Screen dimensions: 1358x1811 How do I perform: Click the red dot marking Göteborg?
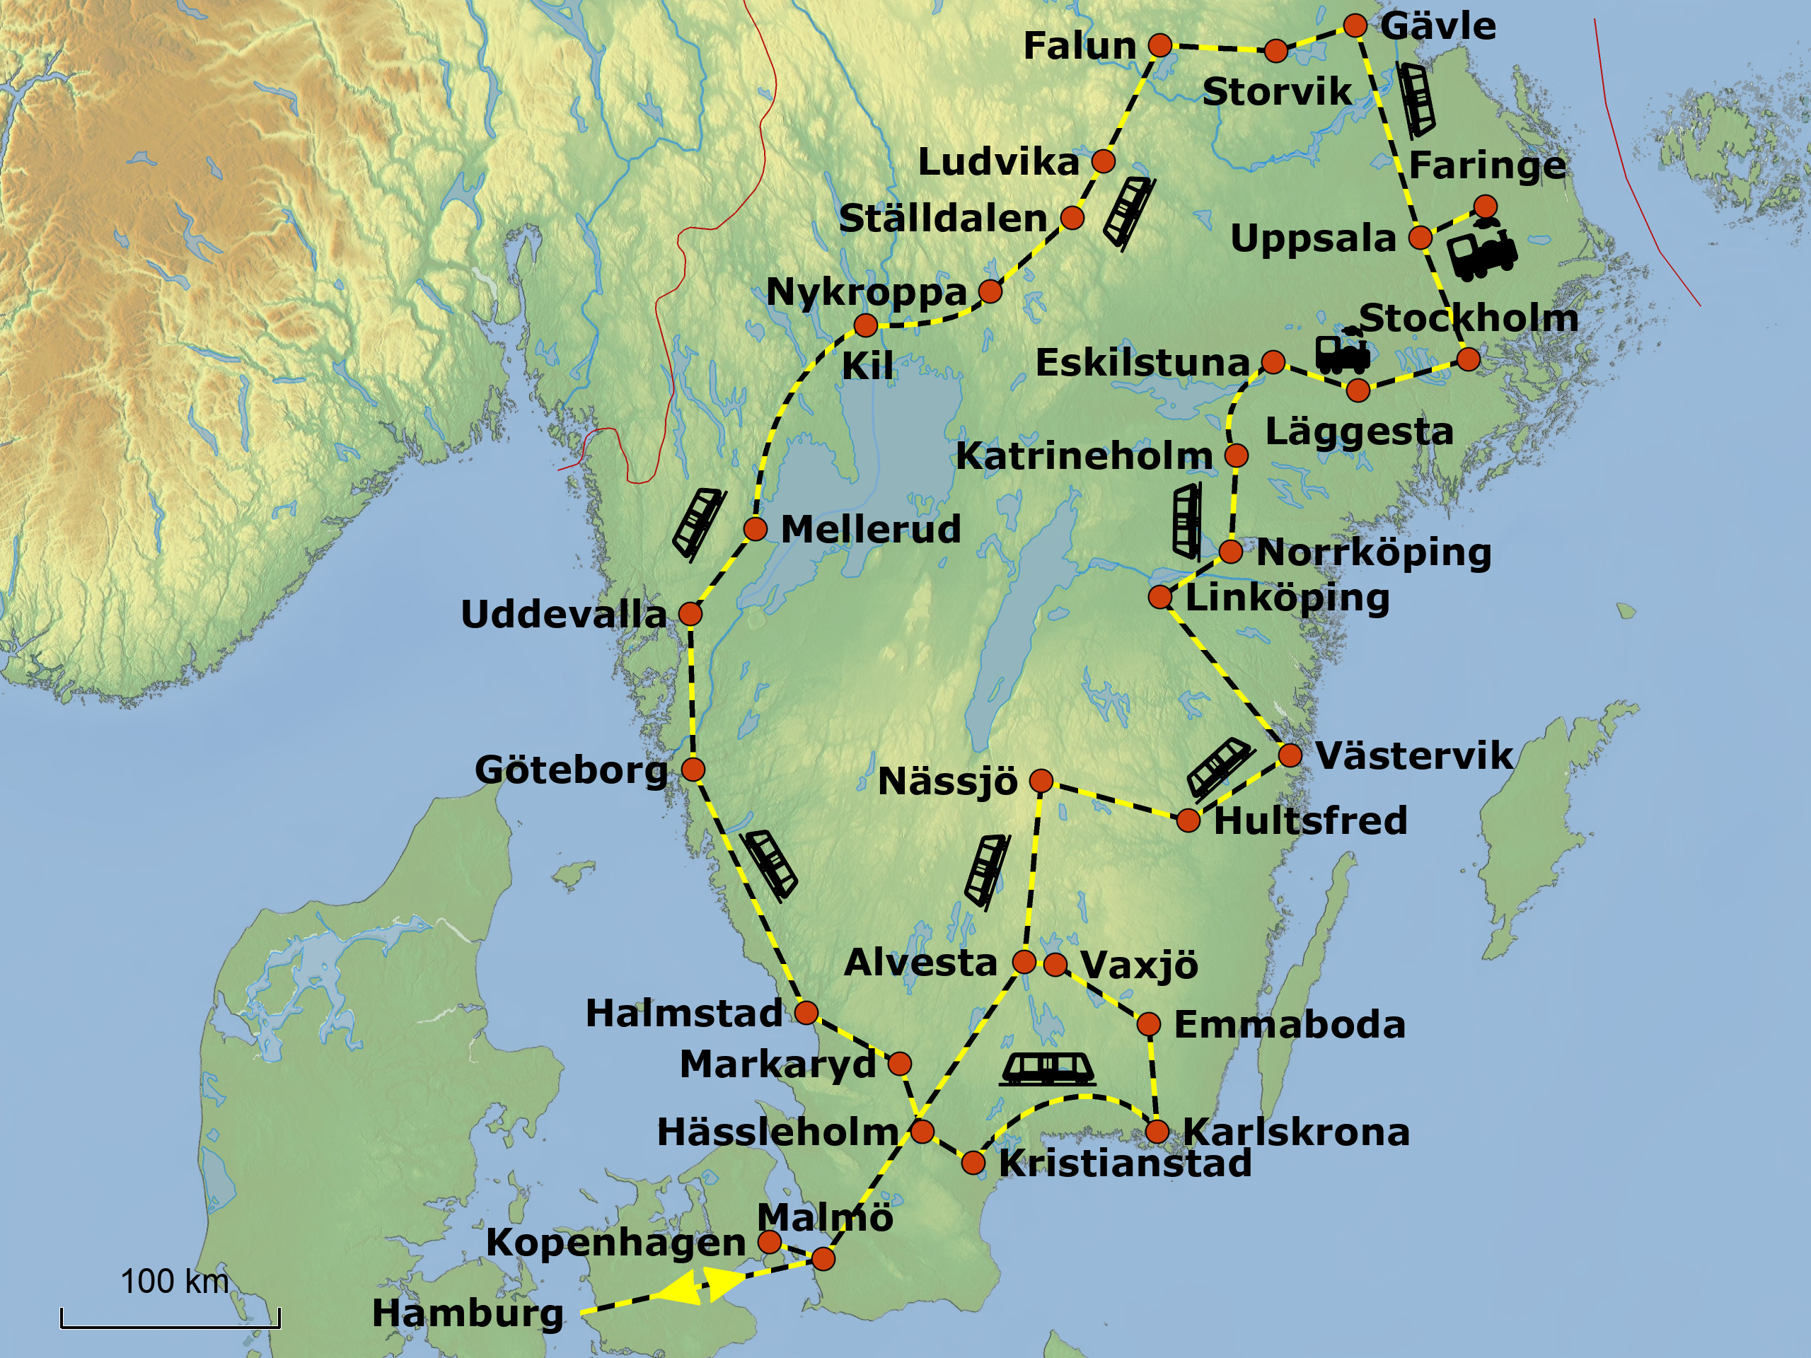click(693, 770)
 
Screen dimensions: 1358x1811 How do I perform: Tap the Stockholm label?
click(1468, 318)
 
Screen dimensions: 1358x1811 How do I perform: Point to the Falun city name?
click(1080, 46)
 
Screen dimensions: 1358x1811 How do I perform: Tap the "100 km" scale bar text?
click(175, 1282)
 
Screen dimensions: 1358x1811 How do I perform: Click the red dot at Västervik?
click(1290, 755)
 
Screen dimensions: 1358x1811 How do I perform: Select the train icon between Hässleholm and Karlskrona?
click(1047, 1069)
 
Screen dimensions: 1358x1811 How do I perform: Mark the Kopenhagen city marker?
click(770, 1243)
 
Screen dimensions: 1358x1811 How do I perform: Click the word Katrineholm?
click(1084, 456)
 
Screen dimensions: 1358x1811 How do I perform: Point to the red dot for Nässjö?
click(1041, 781)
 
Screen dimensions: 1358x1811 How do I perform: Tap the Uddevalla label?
click(563, 615)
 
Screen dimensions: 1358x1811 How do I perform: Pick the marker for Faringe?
click(1485, 205)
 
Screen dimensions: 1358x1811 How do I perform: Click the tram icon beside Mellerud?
click(698, 523)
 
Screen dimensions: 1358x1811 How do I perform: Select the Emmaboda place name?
click(1290, 1025)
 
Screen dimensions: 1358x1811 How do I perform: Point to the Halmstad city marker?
click(806, 1014)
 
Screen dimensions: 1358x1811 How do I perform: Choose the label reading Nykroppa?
click(866, 292)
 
